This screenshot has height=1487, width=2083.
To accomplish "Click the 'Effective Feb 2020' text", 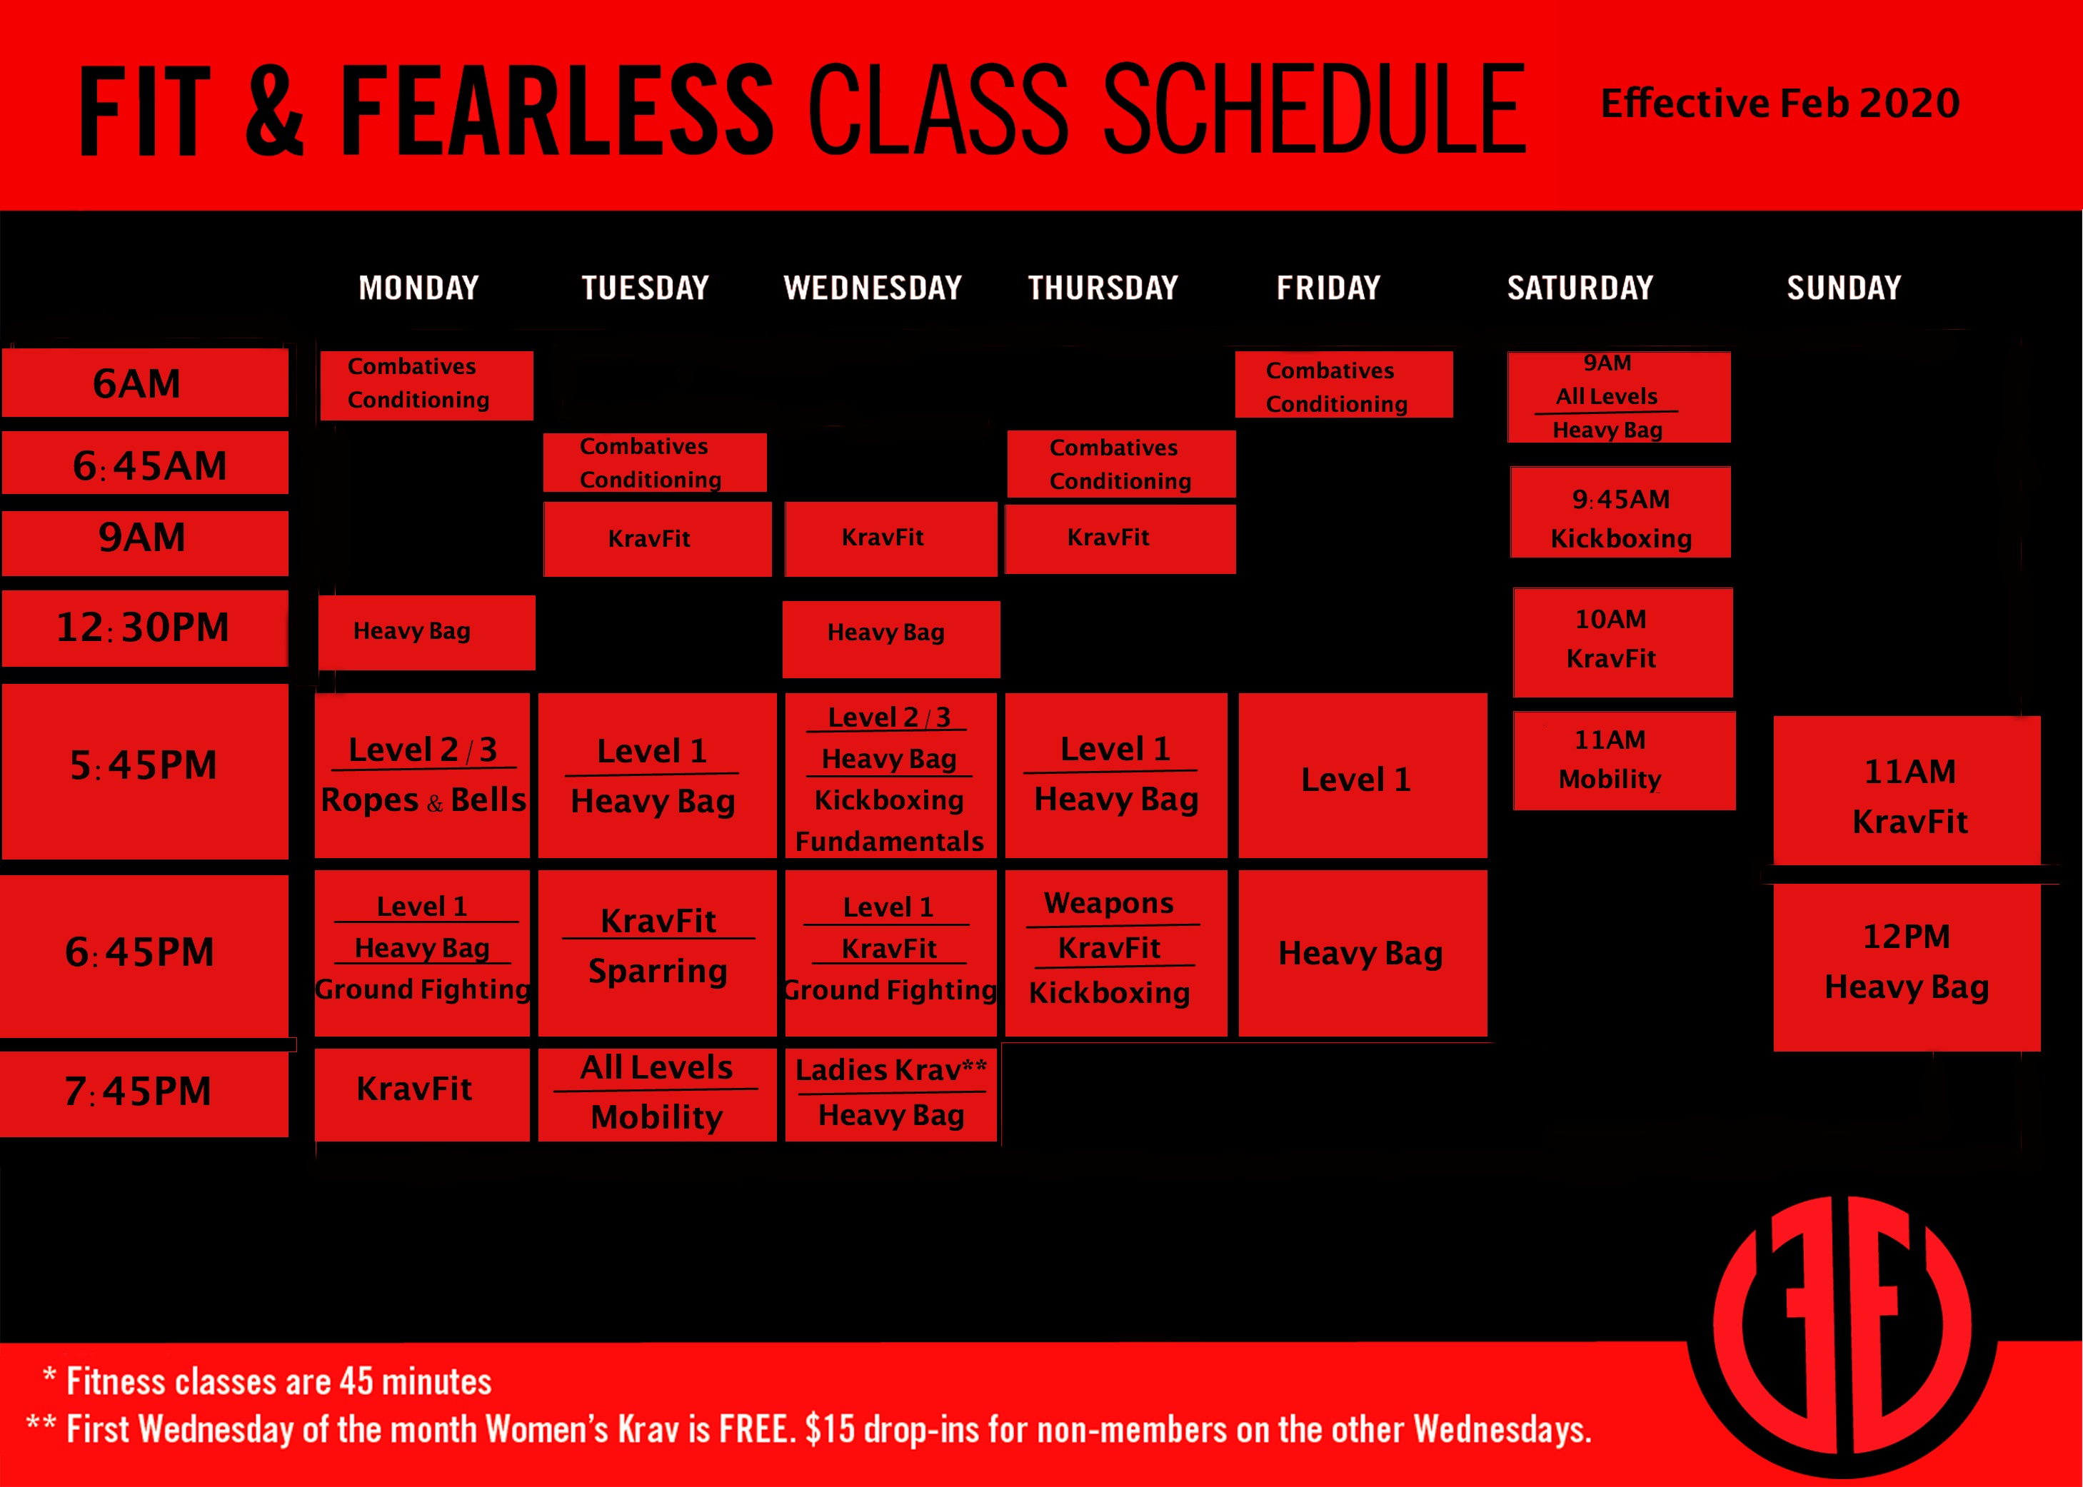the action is pyautogui.click(x=1780, y=103).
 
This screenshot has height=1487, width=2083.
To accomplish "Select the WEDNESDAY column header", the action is pyautogui.click(x=872, y=288).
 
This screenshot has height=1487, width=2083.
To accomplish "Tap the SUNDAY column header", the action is pyautogui.click(x=1843, y=288).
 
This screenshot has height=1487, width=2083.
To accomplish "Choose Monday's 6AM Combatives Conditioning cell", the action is pyautogui.click(x=426, y=385).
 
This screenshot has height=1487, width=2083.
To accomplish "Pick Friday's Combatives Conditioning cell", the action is pyautogui.click(x=1343, y=385).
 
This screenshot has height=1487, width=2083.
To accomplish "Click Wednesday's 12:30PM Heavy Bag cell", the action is pyautogui.click(x=890, y=639).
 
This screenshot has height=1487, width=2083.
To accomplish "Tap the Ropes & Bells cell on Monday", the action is pyautogui.click(x=422, y=775).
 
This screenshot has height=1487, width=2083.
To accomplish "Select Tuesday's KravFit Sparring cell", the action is pyautogui.click(x=657, y=953).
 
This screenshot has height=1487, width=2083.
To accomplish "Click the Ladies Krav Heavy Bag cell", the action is pyautogui.click(x=890, y=1095).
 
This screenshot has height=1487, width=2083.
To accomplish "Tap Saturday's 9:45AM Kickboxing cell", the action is pyautogui.click(x=1620, y=512).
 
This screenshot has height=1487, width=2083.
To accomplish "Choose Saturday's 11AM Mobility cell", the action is pyautogui.click(x=1624, y=761).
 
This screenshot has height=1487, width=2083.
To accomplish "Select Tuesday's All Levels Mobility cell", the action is pyautogui.click(x=657, y=1095).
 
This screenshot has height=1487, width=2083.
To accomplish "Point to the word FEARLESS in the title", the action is pyautogui.click(x=557, y=110).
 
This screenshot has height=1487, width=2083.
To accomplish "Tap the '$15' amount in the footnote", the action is pyautogui.click(x=830, y=1429).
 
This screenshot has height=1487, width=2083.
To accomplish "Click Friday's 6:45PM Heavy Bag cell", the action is pyautogui.click(x=1362, y=953).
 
